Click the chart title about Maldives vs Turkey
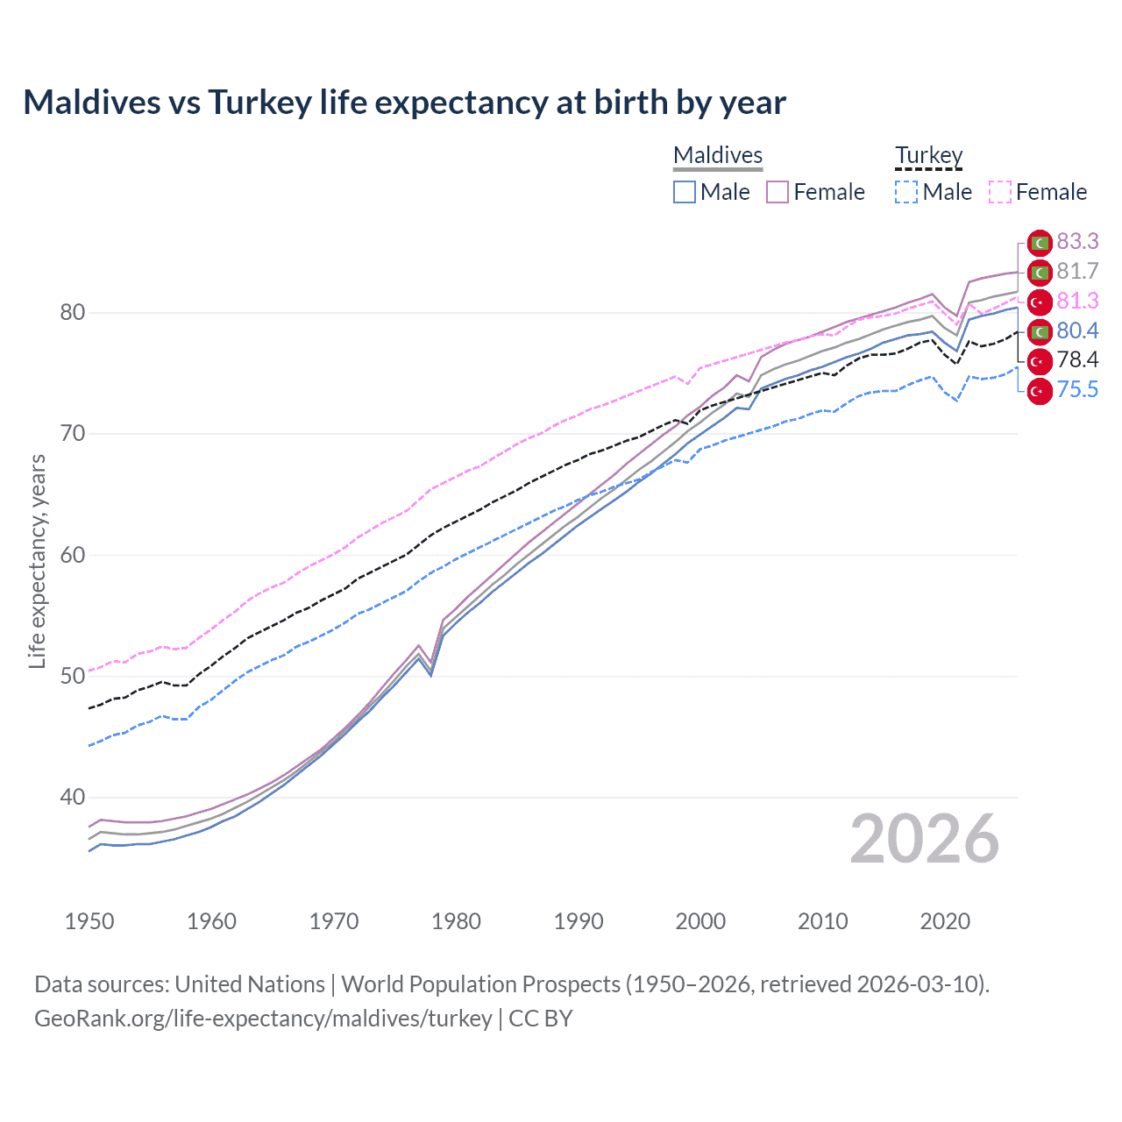pos(404,103)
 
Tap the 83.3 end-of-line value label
pos(1077,241)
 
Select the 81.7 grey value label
pos(1077,271)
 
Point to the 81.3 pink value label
pos(1077,301)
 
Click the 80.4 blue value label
pos(1077,330)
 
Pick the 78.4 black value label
pos(1077,359)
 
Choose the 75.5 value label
pos(1077,389)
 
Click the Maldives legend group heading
pos(718,155)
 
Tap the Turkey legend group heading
pos(928,155)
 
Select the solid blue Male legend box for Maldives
pos(685,192)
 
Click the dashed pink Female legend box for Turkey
pos(1000,192)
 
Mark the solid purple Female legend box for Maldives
pos(778,192)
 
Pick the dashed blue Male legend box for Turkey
pos(906,192)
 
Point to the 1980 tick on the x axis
pos(456,921)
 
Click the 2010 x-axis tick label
pos(822,921)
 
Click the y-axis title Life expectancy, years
pos(37,561)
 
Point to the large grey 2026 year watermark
pos(924,839)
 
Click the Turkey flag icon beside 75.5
pos(1039,391)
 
